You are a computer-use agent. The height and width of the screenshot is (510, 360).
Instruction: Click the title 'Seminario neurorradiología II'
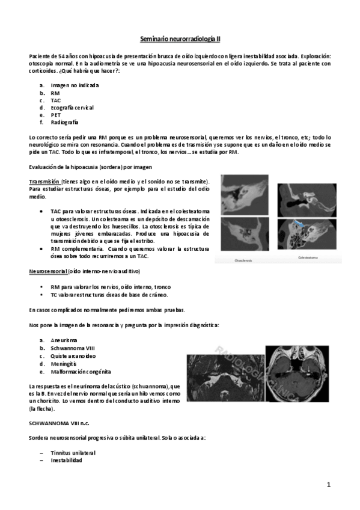click(x=180, y=38)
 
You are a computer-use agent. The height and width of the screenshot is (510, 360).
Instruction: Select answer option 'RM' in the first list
click(x=55, y=93)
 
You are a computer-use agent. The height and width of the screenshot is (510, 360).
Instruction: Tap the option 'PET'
click(x=56, y=115)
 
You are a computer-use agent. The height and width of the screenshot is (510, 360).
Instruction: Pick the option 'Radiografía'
click(x=64, y=122)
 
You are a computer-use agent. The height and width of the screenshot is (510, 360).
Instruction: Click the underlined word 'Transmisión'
click(x=44, y=182)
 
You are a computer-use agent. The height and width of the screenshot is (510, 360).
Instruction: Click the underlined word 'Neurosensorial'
click(x=48, y=271)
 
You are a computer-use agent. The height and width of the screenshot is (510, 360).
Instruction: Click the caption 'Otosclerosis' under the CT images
click(x=243, y=260)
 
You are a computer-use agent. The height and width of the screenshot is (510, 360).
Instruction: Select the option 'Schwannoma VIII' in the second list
click(x=72, y=348)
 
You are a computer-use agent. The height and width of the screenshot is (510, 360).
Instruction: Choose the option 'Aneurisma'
click(x=63, y=340)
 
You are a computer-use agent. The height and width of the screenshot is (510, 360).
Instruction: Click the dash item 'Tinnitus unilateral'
click(x=73, y=452)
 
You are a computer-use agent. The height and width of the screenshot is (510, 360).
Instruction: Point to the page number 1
click(x=329, y=484)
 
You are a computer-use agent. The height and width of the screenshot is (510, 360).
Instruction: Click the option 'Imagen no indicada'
click(x=75, y=85)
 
